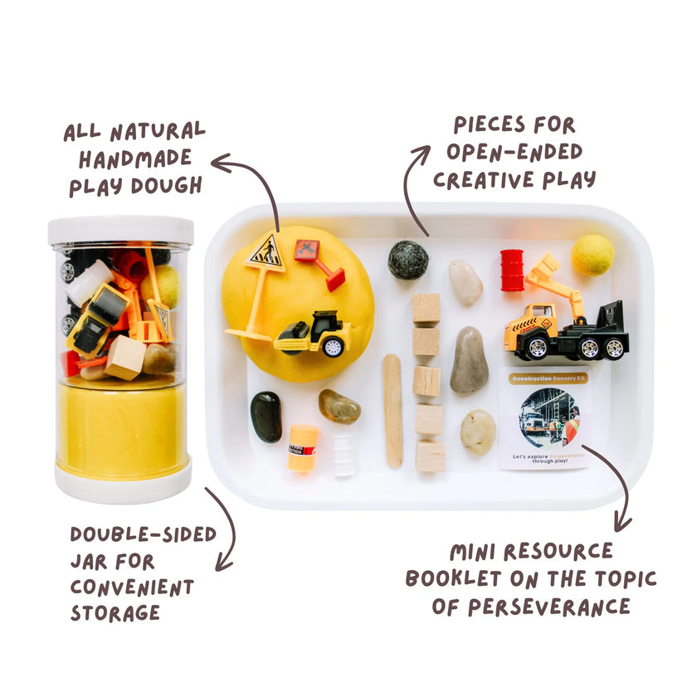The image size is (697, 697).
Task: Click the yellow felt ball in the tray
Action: [592, 255]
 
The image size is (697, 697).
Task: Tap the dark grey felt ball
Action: [408, 260]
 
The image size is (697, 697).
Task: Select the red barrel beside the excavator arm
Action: [512, 270]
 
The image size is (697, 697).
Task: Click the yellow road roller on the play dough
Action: [313, 334]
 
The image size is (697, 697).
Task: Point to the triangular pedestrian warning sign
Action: [265, 251]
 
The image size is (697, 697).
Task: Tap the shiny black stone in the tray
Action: [266, 416]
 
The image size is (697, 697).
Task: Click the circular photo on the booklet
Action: [549, 417]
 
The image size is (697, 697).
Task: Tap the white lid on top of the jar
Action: [120, 230]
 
